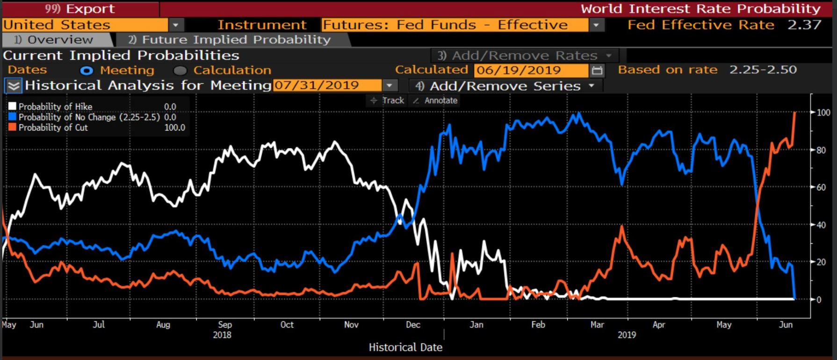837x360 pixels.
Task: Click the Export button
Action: pos(79,9)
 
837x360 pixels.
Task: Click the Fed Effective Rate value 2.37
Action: pos(804,25)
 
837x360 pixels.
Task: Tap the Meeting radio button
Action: pos(87,71)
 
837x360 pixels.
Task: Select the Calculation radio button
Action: pos(180,71)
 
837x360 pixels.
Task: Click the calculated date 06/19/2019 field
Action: pos(530,71)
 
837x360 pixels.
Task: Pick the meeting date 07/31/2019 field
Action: pos(327,86)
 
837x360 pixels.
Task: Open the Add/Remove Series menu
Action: pos(505,86)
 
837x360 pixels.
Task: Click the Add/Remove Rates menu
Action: pos(524,56)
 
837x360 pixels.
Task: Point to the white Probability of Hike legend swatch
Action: pos(12,107)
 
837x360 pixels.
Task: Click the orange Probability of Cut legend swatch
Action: pos(12,127)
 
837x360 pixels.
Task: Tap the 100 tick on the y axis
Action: pos(823,113)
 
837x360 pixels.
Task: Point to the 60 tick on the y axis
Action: pos(821,187)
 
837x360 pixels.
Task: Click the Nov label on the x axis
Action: pos(351,324)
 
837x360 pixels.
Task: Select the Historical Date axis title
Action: pos(405,347)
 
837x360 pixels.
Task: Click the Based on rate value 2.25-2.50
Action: pos(763,70)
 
